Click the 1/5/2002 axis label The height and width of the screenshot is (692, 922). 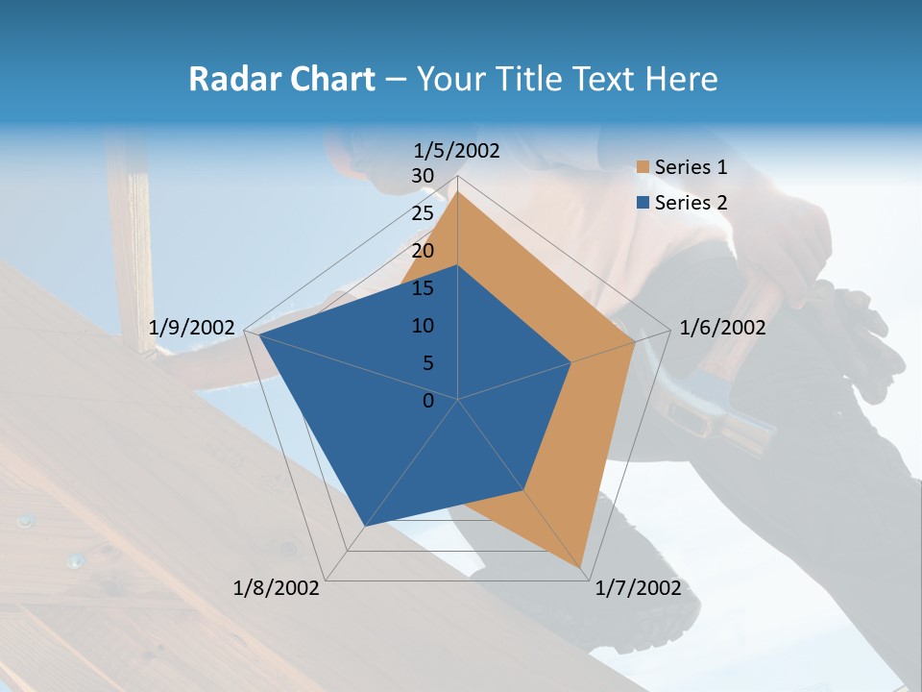[456, 151]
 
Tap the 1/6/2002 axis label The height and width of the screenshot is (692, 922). [722, 328]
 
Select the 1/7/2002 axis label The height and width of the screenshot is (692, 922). [638, 588]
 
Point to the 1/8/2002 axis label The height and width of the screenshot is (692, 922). [277, 588]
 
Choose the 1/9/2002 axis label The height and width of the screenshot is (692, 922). [192, 328]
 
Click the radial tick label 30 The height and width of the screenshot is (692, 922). [423, 176]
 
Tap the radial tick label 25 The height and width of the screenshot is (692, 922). [423, 213]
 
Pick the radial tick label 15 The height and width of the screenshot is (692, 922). [423, 288]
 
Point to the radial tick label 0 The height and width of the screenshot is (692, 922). [428, 401]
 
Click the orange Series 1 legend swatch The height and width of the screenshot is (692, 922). [643, 168]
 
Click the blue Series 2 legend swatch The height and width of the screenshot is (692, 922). [643, 203]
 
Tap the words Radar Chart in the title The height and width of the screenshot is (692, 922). [281, 80]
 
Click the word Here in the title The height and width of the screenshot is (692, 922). [681, 80]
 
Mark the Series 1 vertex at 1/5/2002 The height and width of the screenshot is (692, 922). [458, 191]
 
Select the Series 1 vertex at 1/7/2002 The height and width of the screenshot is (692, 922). [583, 569]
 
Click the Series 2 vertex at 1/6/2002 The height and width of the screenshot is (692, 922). [571, 362]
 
